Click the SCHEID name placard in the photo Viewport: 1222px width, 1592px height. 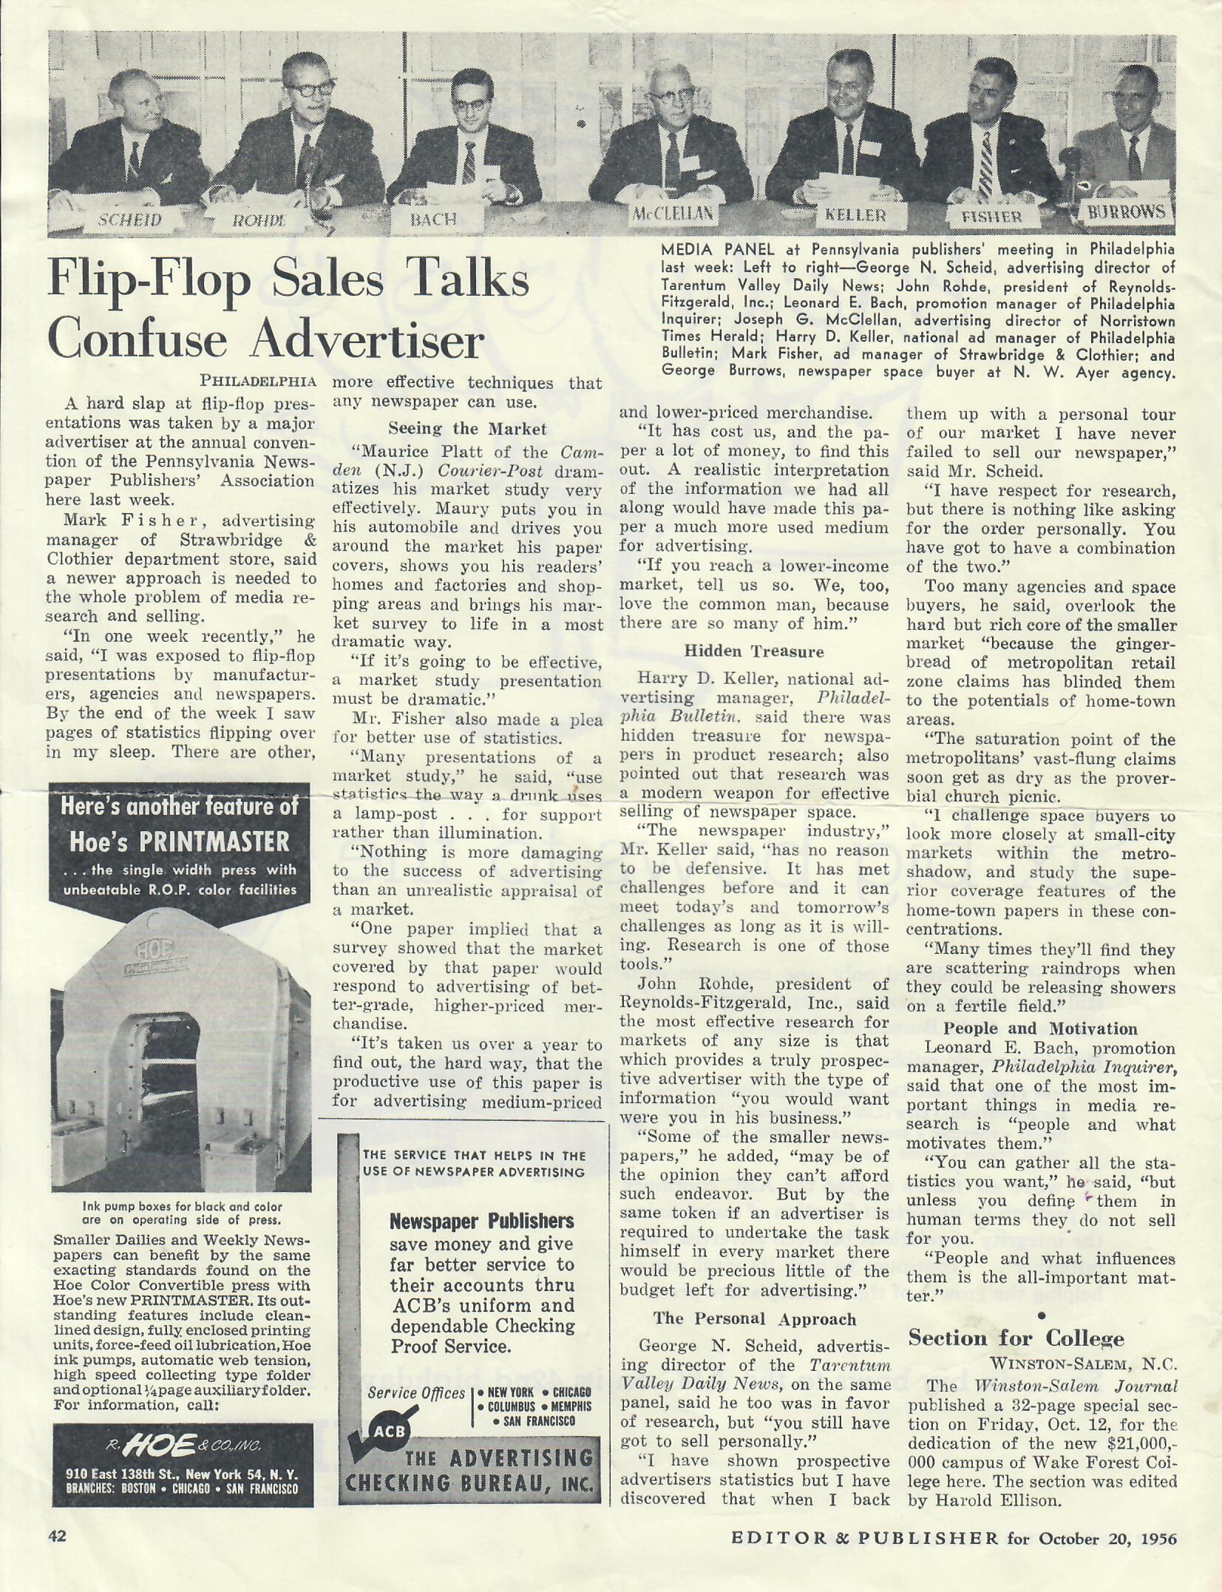coord(131,220)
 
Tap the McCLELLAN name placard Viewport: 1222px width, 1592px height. coord(672,214)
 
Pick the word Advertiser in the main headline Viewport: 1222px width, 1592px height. coord(367,340)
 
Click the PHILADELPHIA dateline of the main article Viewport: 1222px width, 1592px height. coord(258,382)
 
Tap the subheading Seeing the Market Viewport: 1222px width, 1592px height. coord(467,428)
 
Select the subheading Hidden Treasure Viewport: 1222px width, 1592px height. coord(753,651)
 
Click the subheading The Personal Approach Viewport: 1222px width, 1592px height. coord(754,1318)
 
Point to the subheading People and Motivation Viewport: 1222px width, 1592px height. coord(1040,1029)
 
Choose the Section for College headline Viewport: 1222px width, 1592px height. coord(1016,1338)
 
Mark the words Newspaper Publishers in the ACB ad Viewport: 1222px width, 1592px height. coord(481,1221)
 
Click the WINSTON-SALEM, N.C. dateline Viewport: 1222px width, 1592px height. coord(1083,1363)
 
